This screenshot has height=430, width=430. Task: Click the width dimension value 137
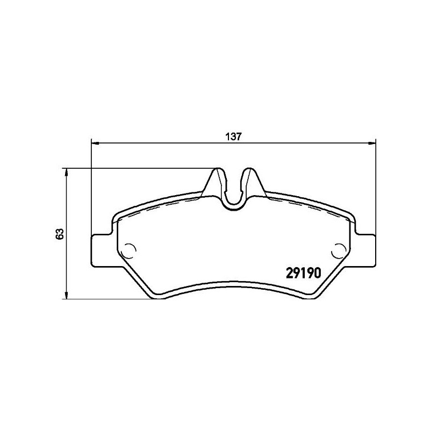tap(232, 137)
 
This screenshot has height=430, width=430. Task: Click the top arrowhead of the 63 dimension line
tap(66, 171)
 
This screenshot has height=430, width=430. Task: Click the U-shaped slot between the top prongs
tap(234, 193)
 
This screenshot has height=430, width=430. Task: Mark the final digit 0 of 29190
tap(317, 273)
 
